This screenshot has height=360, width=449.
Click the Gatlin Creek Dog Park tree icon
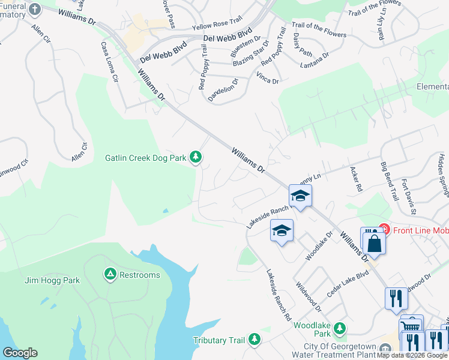[195, 157]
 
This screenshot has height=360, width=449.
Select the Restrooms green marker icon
[110, 275]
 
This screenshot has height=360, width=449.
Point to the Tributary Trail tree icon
[255, 340]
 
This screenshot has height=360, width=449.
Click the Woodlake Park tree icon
[340, 328]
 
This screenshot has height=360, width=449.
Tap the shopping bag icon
[373, 243]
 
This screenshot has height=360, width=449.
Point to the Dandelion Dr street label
[223, 89]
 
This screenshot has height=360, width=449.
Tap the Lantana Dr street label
[315, 59]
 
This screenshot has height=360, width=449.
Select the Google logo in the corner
[20, 353]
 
